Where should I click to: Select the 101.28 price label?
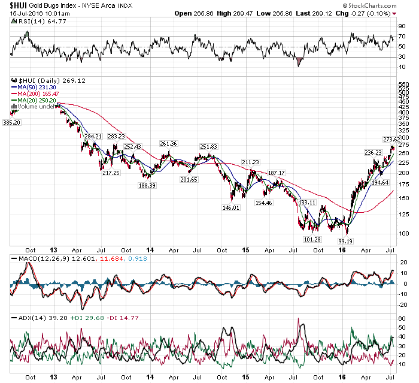coord(312,239)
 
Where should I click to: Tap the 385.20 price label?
coord(12,123)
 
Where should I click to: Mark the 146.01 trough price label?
coord(230,207)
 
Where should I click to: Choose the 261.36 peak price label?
coord(168,144)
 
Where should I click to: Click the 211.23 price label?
coord(250,162)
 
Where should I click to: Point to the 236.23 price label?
coord(373,152)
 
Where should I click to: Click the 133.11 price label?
coord(307,203)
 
